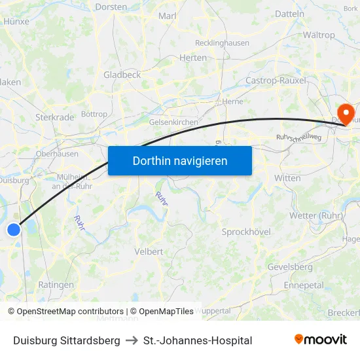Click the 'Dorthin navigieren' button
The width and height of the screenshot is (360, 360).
click(180, 160)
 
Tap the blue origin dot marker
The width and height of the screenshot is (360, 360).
click(14, 230)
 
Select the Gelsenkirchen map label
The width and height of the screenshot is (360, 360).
click(173, 122)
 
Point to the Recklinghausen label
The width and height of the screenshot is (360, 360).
click(222, 43)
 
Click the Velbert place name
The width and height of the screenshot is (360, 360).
click(149, 251)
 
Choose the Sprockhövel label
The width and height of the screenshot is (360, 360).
click(246, 232)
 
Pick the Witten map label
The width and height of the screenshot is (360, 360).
click(287, 178)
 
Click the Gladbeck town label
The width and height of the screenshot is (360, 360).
click(122, 75)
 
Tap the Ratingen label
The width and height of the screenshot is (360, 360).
click(56, 285)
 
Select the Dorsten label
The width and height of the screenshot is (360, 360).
click(111, 7)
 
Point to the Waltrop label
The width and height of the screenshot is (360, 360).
click(319, 35)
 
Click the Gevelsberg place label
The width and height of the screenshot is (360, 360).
click(290, 267)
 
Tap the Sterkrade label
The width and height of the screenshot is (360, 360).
click(54, 117)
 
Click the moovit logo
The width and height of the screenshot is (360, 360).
click(320, 340)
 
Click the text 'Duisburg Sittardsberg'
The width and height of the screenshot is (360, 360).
click(67, 340)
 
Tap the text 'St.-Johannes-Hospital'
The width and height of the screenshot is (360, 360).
click(198, 340)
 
